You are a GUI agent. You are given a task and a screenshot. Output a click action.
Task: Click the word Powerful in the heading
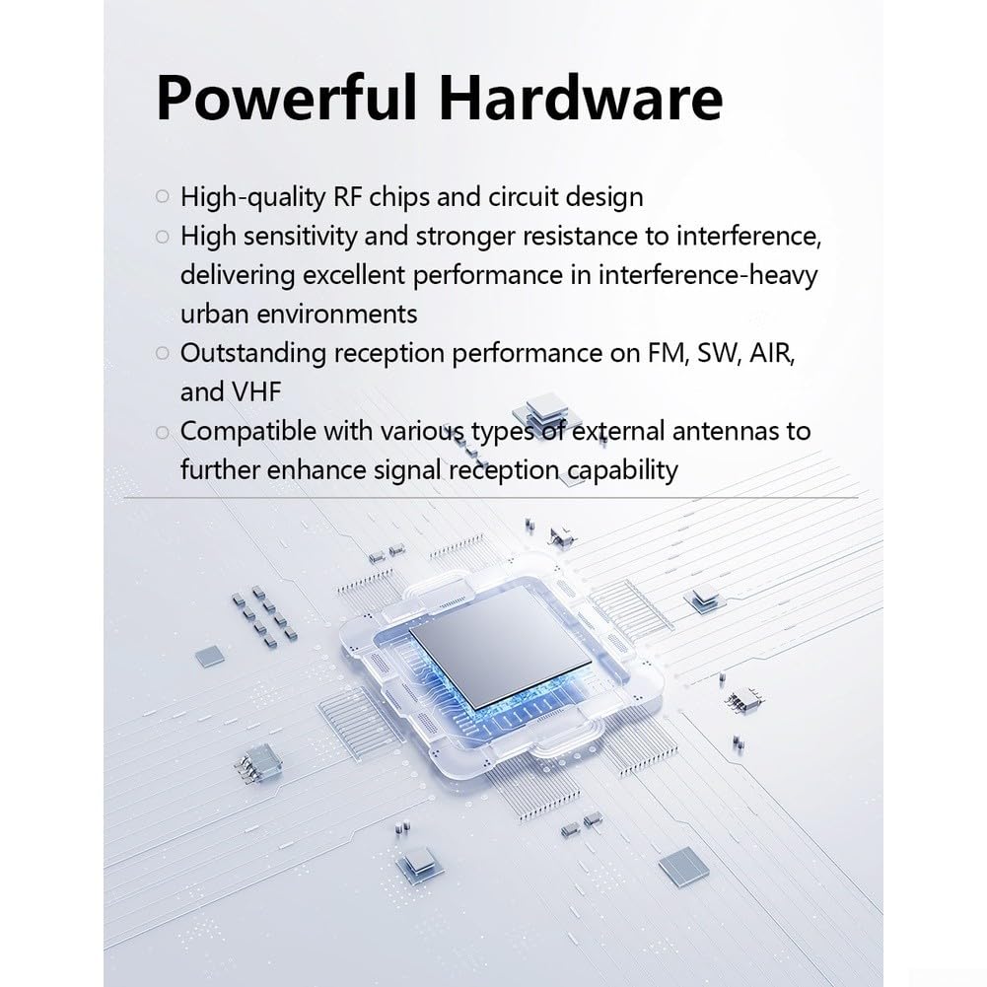click(286, 98)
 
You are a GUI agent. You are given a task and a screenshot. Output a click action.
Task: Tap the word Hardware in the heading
click(581, 98)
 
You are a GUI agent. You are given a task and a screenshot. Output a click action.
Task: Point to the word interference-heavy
click(708, 275)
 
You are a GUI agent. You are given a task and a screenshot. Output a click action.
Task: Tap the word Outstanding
click(253, 353)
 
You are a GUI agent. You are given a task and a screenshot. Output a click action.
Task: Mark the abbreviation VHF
click(256, 392)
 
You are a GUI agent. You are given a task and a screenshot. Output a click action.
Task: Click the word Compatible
click(248, 432)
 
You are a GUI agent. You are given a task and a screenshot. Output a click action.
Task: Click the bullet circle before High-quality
click(163, 197)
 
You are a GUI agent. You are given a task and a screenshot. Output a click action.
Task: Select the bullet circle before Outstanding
click(163, 353)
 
